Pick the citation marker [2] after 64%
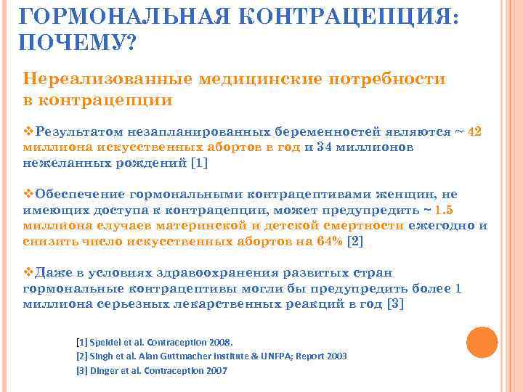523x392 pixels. [x=356, y=241]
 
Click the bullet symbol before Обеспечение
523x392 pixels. [x=28, y=195]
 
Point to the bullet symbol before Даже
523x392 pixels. [x=28, y=273]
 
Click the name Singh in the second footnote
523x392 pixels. [x=102, y=356]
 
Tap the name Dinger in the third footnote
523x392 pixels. [x=103, y=370]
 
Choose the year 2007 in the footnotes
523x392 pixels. [x=215, y=370]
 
